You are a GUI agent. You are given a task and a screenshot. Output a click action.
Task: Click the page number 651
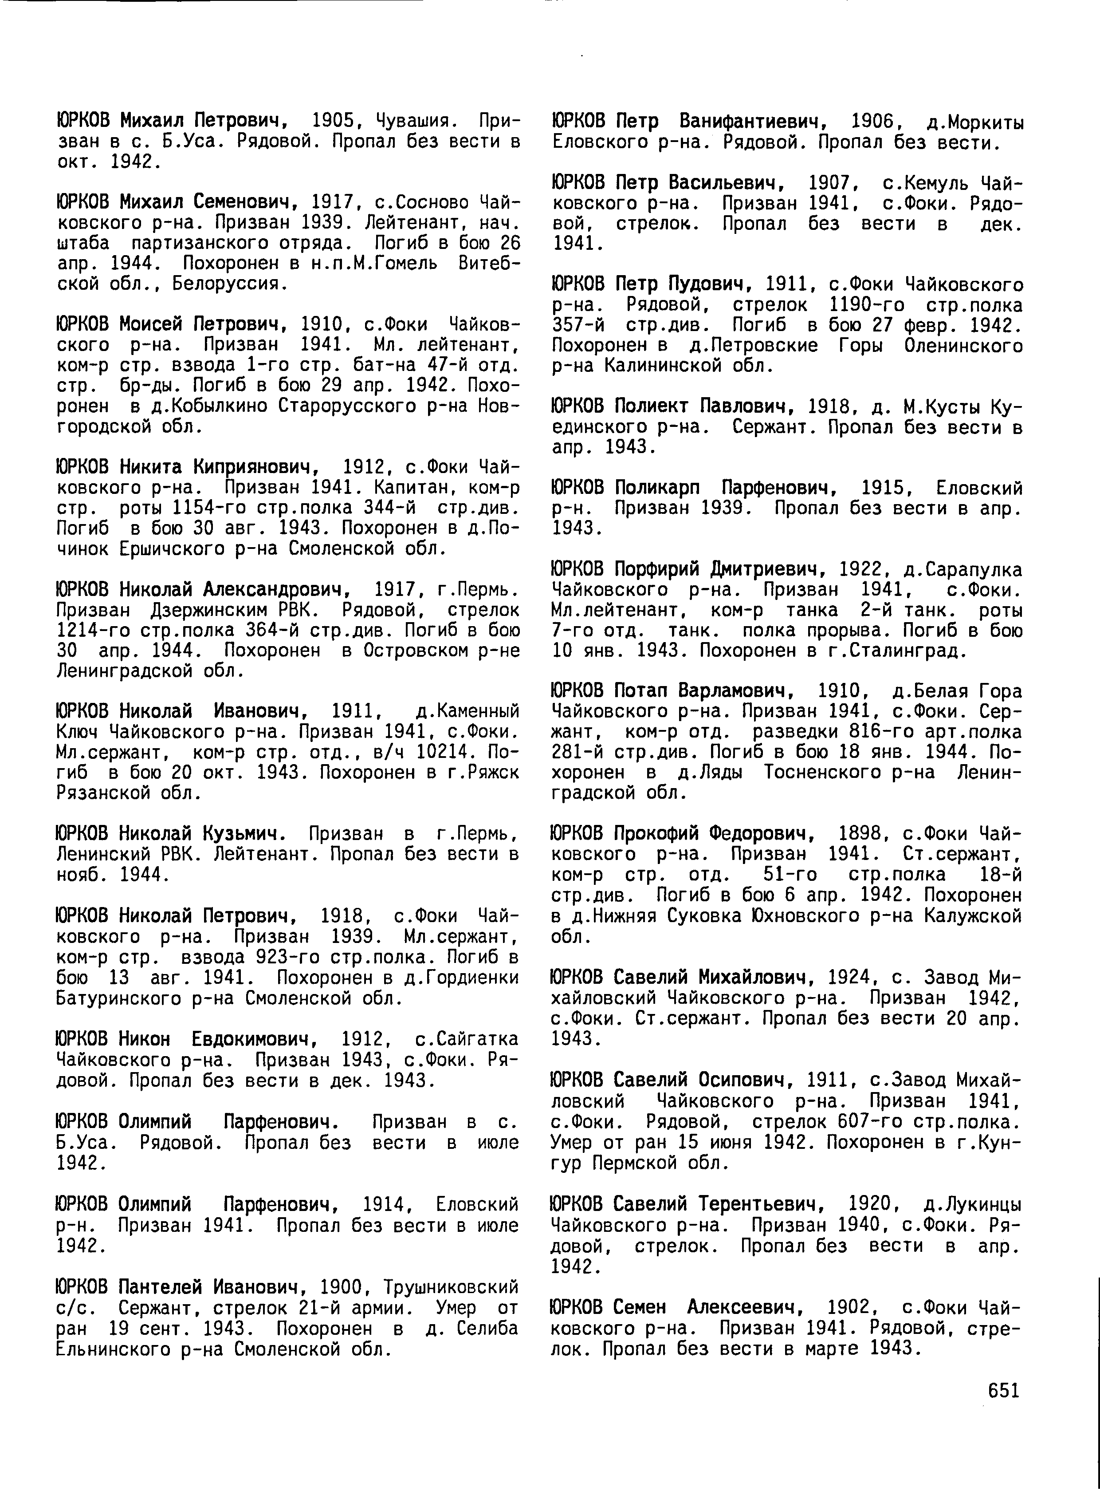pos(1003,1390)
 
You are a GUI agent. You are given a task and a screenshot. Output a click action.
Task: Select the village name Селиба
pos(488,1343)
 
